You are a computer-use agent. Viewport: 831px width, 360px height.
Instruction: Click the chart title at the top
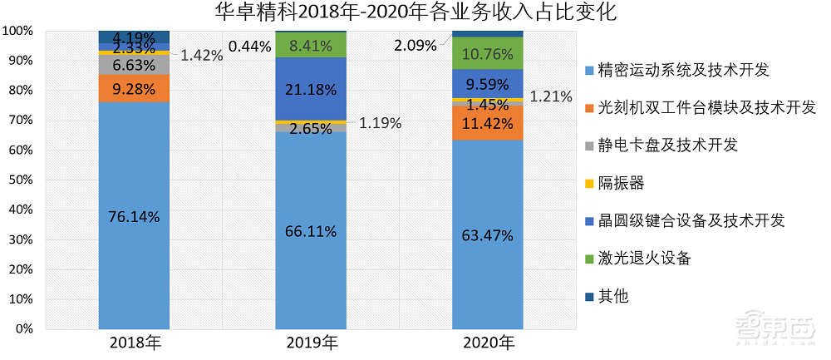tap(415, 12)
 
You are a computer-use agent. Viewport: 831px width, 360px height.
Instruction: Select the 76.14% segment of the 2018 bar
tap(134, 216)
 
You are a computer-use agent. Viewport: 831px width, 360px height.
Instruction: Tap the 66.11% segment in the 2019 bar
tap(311, 231)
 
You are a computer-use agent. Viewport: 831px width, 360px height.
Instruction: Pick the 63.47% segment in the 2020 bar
tap(487, 235)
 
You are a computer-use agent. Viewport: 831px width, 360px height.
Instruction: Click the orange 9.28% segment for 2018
tap(134, 88)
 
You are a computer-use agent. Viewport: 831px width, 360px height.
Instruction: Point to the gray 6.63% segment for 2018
tap(134, 65)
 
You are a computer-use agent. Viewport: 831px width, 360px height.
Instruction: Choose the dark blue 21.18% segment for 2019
tap(311, 89)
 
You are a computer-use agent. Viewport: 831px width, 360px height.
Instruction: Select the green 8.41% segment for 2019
tap(311, 45)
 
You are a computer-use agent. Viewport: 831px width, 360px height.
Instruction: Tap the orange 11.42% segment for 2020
tap(487, 123)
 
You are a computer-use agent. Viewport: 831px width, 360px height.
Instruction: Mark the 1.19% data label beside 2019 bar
tap(380, 123)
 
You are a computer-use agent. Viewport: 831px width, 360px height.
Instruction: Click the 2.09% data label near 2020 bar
tap(415, 46)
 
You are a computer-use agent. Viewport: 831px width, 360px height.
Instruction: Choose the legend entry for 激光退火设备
tap(645, 258)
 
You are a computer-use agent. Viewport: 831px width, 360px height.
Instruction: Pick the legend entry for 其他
tap(614, 295)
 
